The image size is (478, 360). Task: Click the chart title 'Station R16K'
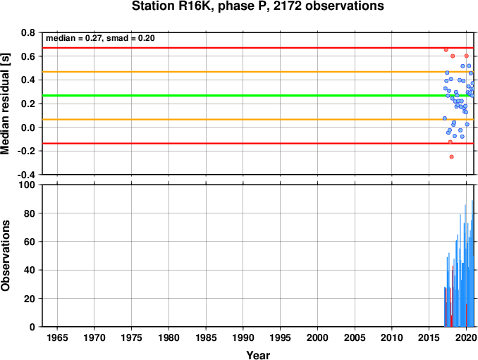coord(173,6)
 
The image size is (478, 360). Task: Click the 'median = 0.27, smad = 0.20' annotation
coord(100,38)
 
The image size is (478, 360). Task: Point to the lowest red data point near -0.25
coord(451,157)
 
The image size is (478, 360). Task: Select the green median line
coord(258,96)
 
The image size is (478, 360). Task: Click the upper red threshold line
coord(258,48)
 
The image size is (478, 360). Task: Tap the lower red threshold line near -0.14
coord(258,144)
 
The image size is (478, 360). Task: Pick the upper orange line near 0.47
coord(258,72)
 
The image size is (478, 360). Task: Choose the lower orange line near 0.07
coord(258,119)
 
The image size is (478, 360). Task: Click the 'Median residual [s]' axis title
coord(5,104)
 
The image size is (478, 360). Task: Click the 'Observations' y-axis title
coord(5,256)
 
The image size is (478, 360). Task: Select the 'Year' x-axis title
coord(258,355)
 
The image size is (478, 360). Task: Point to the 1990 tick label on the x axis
coord(243,337)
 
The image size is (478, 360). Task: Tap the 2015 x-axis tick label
coord(429,337)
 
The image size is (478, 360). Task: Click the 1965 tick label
coord(57,337)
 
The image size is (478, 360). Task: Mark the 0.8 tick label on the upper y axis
coord(28,32)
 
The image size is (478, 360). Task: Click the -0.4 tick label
coord(26,175)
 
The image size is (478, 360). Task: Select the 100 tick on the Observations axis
coord(27,185)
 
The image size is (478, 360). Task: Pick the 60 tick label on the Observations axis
coord(30,242)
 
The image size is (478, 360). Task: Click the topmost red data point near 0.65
coord(446,49)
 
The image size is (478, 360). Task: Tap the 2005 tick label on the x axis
coord(355,337)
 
